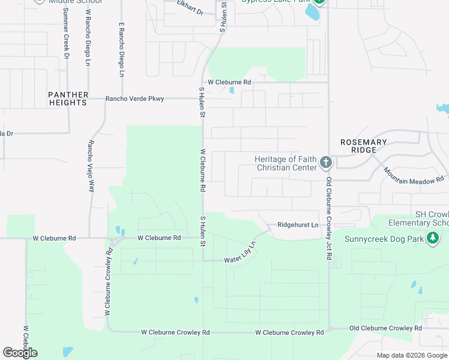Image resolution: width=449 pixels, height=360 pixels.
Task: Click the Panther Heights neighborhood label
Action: coord(68,99)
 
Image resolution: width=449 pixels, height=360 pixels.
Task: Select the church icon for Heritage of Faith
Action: coord(325,162)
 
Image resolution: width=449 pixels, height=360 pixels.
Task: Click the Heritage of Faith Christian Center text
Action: coord(286,163)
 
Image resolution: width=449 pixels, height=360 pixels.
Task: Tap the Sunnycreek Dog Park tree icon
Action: coord(433,239)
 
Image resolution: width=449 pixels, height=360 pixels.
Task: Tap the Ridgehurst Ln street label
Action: coord(298,225)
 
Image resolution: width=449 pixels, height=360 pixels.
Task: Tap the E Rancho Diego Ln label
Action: coord(121,50)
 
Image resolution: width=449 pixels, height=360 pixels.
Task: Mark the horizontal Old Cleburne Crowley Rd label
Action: coord(385,328)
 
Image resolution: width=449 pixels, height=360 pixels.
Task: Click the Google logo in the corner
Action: coord(20,353)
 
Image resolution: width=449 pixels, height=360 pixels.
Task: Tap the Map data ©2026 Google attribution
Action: coord(412,355)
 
